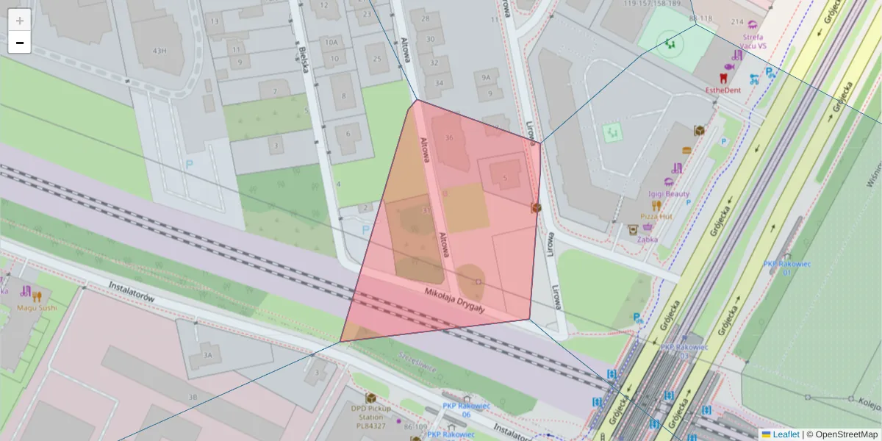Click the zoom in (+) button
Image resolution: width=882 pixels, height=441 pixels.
point(20,21)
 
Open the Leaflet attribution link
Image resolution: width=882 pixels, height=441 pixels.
point(786,434)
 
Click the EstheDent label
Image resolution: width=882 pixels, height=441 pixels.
point(722,90)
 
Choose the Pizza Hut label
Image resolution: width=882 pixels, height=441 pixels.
point(656,217)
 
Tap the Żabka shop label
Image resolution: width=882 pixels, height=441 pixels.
point(648,239)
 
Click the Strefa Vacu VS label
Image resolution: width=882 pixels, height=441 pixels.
point(753,41)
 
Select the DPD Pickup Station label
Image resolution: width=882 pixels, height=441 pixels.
point(370,416)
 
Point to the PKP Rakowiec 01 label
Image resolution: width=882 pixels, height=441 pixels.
point(786,268)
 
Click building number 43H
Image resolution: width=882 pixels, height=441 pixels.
point(159,51)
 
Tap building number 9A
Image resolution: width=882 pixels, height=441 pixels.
point(486,77)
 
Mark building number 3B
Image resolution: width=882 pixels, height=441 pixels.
point(193,397)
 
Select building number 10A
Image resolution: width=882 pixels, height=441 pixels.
point(331,43)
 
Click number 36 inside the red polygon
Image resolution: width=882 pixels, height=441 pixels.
point(449,137)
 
